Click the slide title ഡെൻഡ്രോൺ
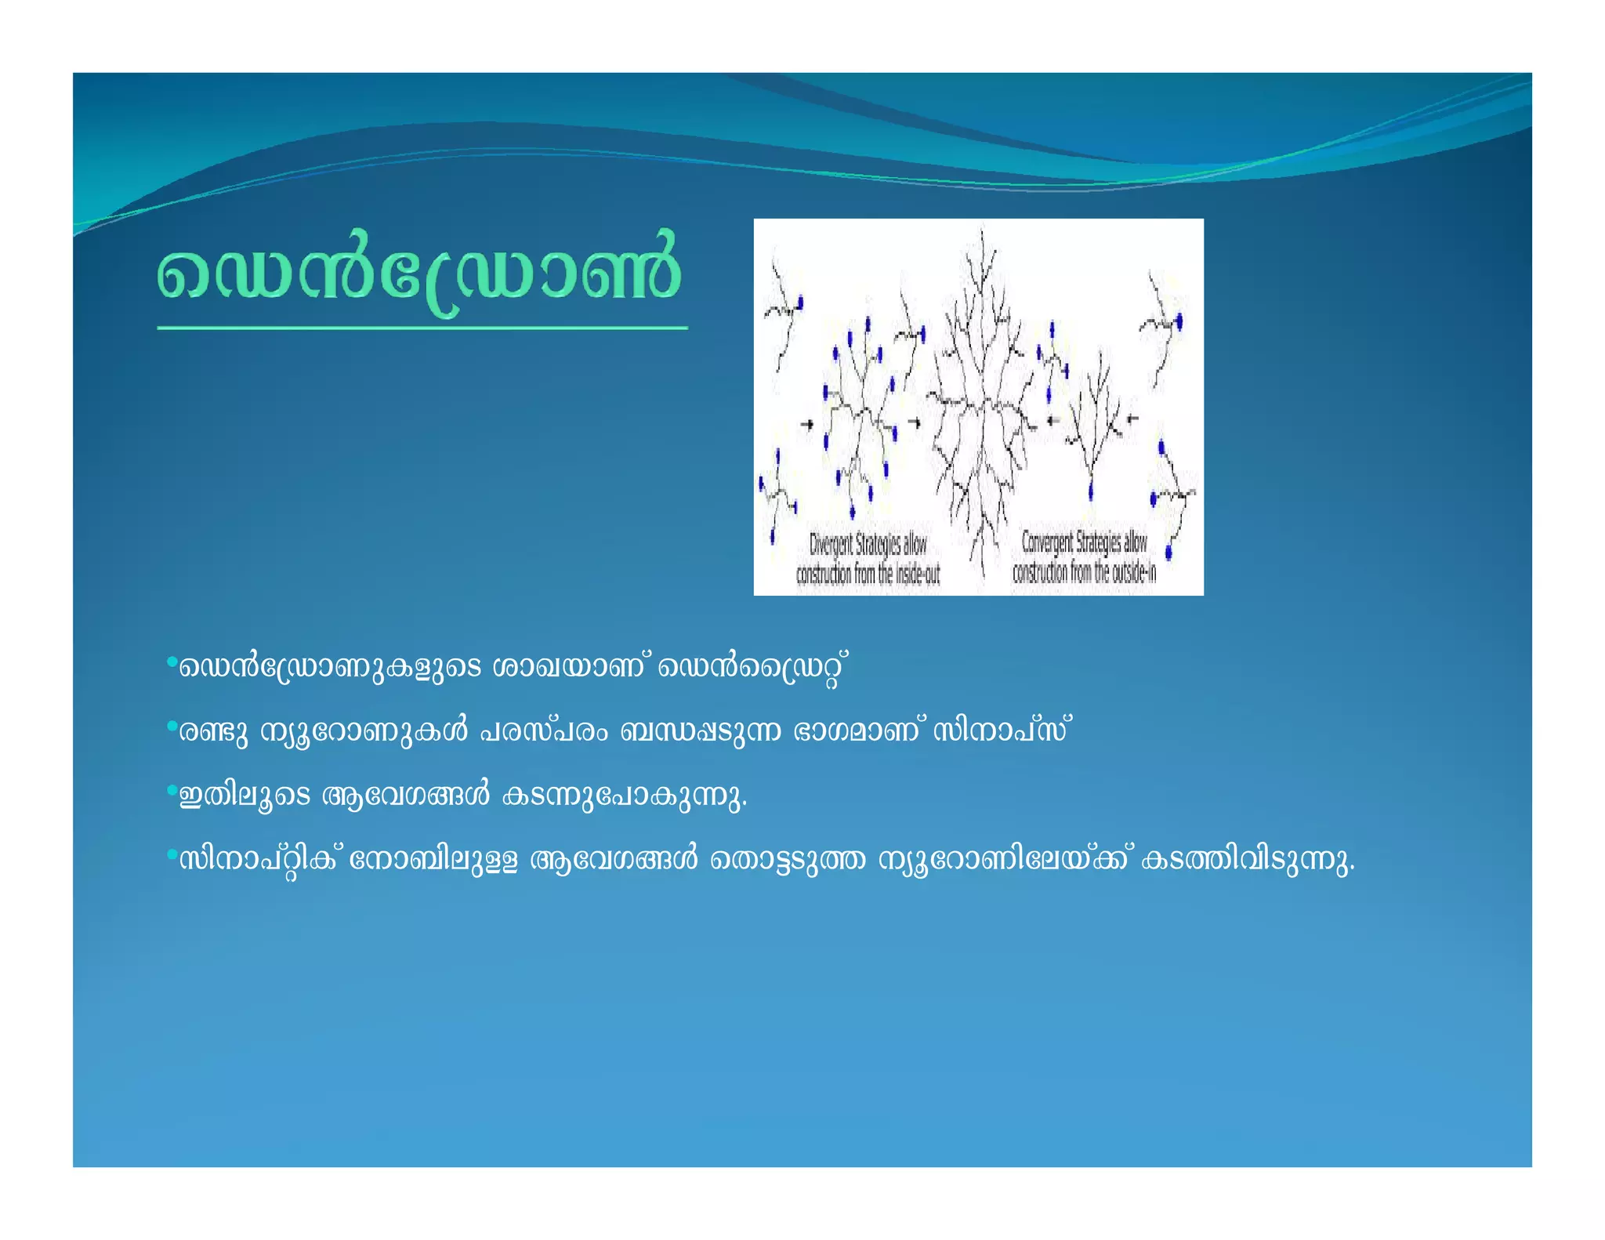point(419,274)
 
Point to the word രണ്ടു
point(213,731)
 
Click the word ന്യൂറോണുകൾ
point(364,731)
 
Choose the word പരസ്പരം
point(543,731)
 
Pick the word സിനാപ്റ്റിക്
point(259,861)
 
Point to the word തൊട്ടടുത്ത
point(788,860)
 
